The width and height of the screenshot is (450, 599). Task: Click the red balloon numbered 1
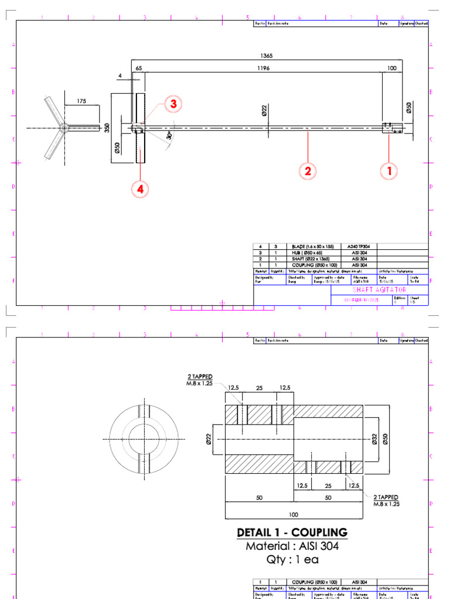click(388, 171)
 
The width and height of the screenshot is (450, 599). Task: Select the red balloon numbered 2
click(306, 171)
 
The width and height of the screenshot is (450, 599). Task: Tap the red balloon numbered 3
click(173, 104)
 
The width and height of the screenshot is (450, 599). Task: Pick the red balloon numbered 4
click(140, 189)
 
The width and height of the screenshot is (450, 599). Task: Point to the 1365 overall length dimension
click(266, 56)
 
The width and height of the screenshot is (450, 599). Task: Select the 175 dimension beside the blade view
click(81, 101)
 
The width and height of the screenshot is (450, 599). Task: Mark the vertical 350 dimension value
click(107, 128)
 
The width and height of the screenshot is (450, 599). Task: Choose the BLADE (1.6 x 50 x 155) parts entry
click(313, 246)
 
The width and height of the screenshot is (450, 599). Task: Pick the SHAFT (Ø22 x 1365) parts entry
click(311, 258)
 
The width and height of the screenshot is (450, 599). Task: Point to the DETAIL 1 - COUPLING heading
click(292, 532)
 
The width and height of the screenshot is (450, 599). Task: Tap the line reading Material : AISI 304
click(292, 546)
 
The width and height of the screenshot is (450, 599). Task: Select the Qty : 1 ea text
click(292, 559)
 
